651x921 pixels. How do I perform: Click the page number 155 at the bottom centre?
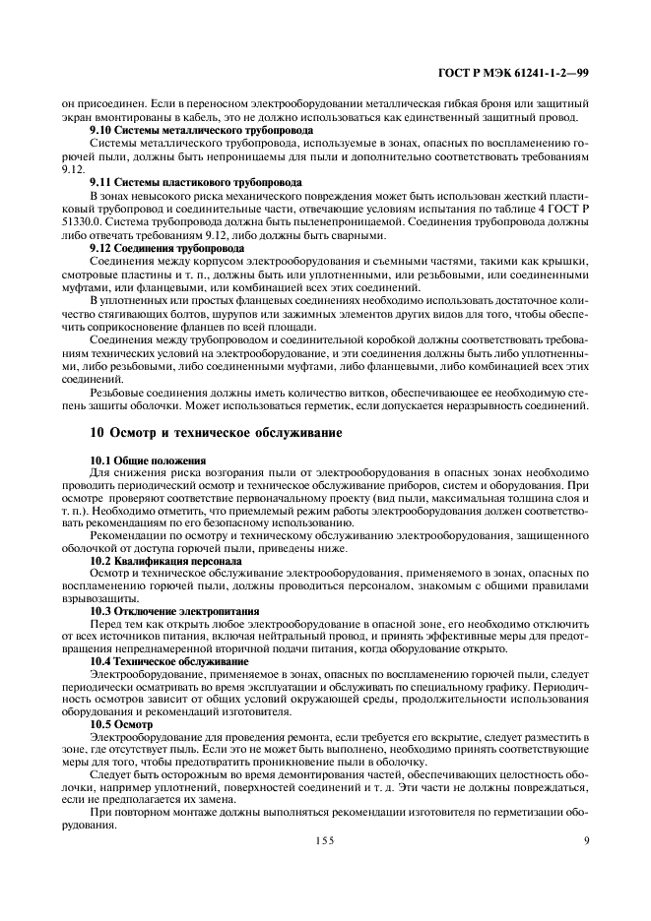tap(326, 840)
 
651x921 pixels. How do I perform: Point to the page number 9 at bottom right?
tap(586, 840)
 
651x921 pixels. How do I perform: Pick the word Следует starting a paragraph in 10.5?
tap(109, 774)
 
